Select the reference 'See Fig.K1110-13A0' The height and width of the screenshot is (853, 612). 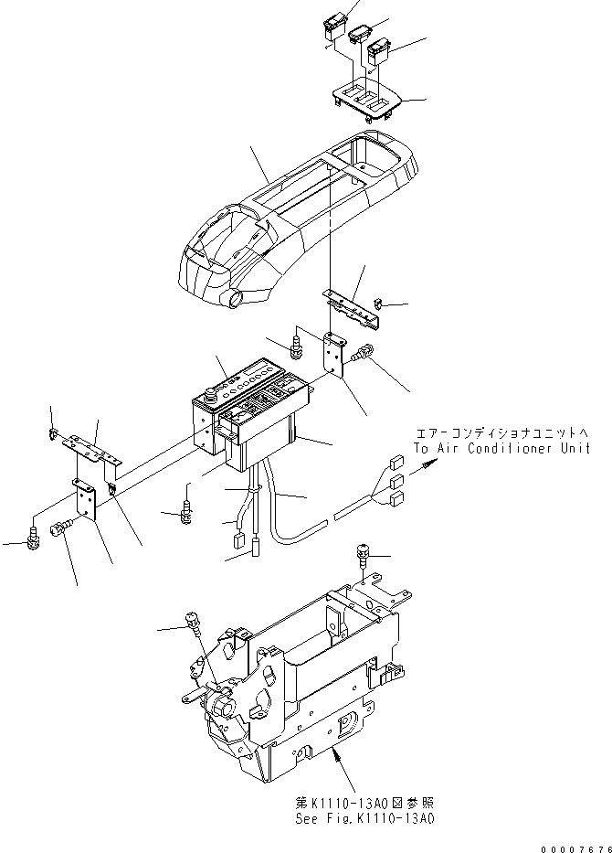click(365, 819)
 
